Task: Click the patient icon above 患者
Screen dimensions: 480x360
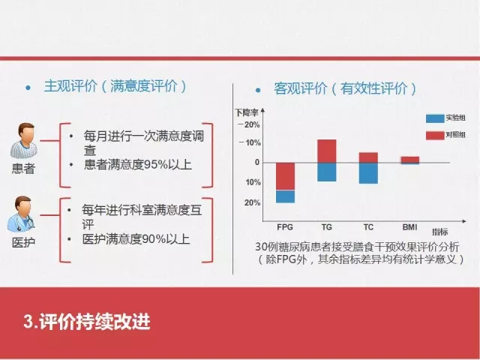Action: tap(24, 141)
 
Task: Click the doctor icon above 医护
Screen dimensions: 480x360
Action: tap(21, 214)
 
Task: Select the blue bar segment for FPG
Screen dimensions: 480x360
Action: tap(285, 196)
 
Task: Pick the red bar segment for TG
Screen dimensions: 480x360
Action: tap(327, 151)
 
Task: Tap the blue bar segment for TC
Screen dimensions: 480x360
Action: tap(368, 173)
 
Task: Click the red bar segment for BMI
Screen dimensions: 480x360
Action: tap(410, 160)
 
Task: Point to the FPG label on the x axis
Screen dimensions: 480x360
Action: tap(285, 227)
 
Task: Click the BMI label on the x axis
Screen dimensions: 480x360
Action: tap(410, 227)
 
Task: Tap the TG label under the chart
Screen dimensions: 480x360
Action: tap(327, 227)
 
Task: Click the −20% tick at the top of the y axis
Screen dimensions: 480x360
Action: tap(249, 125)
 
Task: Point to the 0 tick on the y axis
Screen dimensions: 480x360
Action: tap(257, 162)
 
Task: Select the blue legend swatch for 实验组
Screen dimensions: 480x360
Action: tap(435, 118)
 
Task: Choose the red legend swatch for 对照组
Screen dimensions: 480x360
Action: tap(435, 135)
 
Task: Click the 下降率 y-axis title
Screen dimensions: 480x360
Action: tap(247, 112)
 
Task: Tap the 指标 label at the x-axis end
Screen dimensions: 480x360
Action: tap(440, 232)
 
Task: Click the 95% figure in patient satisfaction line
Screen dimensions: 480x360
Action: tap(156, 165)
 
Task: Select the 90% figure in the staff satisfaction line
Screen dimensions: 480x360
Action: tap(154, 239)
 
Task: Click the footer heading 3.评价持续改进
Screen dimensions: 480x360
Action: tap(87, 322)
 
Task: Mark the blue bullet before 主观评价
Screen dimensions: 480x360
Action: tap(28, 88)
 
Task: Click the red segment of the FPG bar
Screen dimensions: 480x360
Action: tap(285, 176)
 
